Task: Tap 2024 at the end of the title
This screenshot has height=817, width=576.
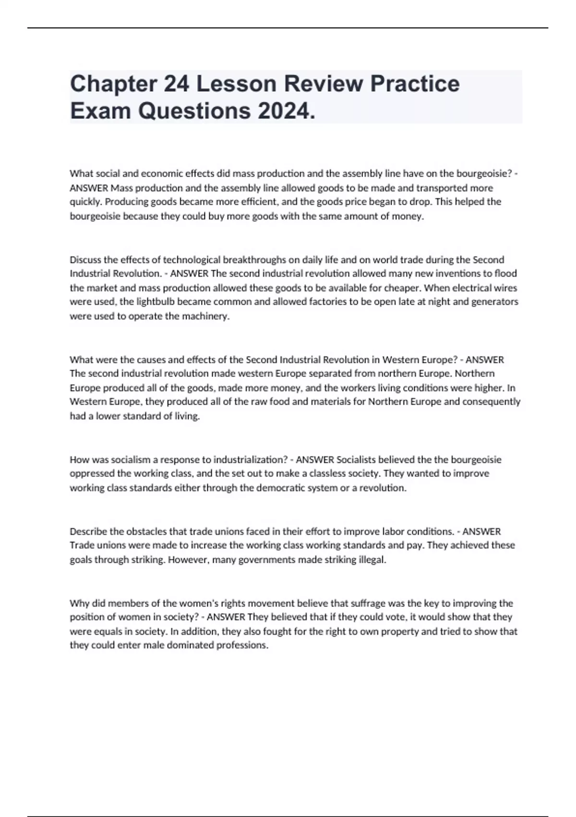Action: [x=287, y=111]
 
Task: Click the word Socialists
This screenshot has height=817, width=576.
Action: [x=356, y=459]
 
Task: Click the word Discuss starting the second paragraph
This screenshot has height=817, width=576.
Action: [x=85, y=260]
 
